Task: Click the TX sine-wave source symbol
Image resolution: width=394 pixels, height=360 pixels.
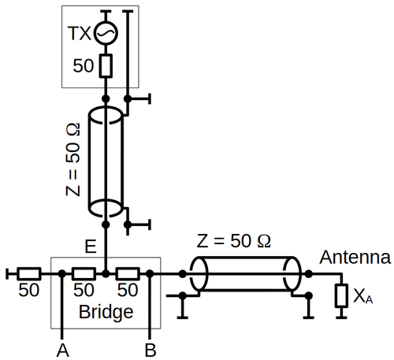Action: [x=106, y=33]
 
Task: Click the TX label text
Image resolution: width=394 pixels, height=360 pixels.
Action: [x=79, y=33]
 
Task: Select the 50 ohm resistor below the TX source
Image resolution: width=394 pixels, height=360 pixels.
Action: [x=106, y=66]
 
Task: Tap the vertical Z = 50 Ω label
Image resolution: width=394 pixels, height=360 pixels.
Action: [x=72, y=159]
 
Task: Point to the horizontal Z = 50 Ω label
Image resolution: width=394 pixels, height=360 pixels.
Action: [x=233, y=241]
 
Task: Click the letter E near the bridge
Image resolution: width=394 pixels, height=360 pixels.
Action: [x=91, y=247]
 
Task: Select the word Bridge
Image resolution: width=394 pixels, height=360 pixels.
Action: [x=106, y=313]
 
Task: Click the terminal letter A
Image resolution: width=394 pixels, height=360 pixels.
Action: [x=62, y=350]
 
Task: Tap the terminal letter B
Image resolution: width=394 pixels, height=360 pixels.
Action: [x=151, y=350]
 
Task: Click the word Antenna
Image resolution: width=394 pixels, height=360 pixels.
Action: [x=355, y=257]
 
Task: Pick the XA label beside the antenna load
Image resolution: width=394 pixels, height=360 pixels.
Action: [x=363, y=296]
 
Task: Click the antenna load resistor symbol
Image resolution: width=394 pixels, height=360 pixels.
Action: [x=341, y=295]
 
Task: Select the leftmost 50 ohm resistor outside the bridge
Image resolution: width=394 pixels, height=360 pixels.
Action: [x=29, y=274]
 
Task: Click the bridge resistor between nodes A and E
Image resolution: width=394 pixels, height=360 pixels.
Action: [x=84, y=274]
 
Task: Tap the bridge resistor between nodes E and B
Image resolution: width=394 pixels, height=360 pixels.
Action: [x=128, y=274]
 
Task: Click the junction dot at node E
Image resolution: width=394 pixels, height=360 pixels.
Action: [x=106, y=274]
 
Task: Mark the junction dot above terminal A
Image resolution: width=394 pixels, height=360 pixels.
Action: [x=62, y=274]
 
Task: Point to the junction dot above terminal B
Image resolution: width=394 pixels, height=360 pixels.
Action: [x=150, y=274]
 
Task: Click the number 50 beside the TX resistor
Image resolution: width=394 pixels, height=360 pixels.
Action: [x=84, y=65]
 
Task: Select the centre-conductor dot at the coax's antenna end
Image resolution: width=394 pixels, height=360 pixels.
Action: [x=309, y=274]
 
